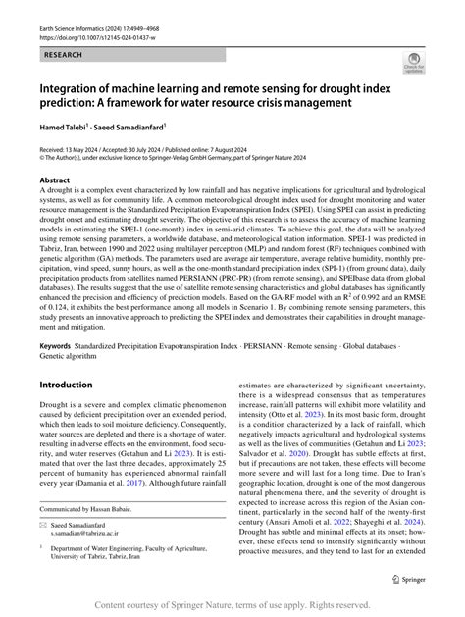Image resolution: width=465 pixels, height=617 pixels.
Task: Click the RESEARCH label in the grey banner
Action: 57,57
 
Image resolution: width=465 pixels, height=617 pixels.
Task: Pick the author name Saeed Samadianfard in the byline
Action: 136,127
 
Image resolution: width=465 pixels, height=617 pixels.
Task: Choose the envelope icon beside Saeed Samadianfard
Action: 42,526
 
